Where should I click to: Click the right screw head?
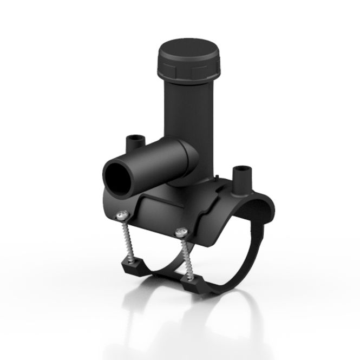181,232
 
